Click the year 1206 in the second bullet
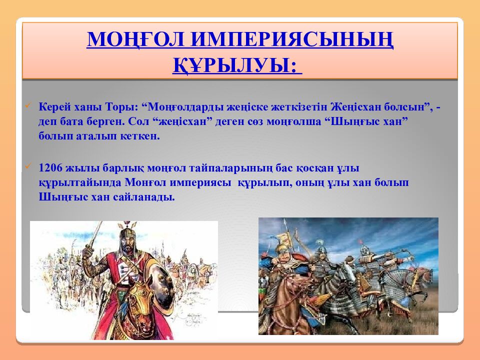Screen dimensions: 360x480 click(x=49, y=168)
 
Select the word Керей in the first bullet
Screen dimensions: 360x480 click(x=52, y=106)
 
